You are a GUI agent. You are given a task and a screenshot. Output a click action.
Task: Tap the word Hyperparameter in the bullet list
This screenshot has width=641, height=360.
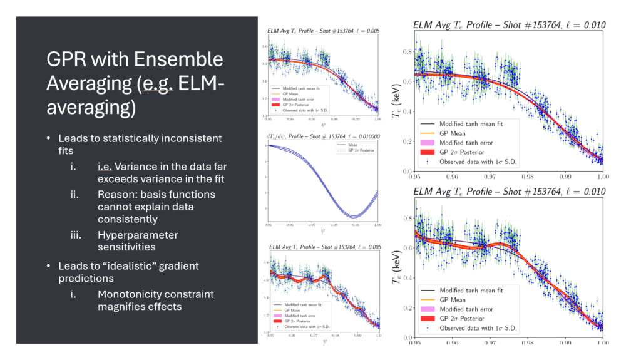[138, 235]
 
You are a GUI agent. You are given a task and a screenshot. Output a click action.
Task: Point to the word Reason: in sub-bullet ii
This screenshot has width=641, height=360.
[116, 195]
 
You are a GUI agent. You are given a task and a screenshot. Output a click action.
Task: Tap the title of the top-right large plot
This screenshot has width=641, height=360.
[509, 24]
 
